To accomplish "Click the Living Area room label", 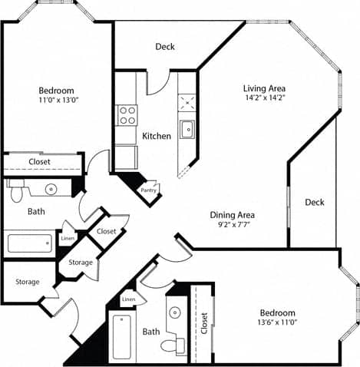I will (265, 88).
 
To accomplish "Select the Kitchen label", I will (157, 136).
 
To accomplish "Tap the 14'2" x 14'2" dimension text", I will (265, 98).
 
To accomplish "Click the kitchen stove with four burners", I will (127, 116).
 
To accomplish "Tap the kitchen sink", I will (187, 129).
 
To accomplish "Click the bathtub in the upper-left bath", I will (29, 243).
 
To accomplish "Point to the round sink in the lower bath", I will (174, 312).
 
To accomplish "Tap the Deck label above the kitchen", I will (165, 47).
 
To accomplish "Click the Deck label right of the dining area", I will (314, 203).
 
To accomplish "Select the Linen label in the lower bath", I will (129, 299).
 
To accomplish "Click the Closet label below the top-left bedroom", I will (40, 162).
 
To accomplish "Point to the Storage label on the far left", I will (28, 282).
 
